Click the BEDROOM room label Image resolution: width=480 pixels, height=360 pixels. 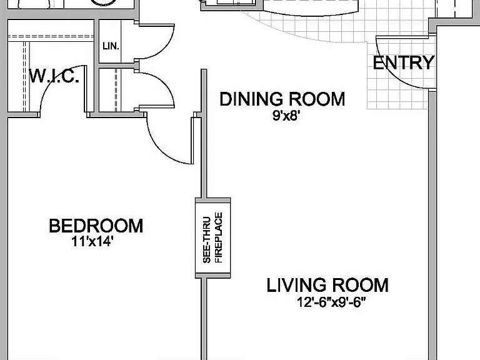point(96,226)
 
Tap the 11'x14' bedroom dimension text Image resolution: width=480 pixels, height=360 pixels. point(92,242)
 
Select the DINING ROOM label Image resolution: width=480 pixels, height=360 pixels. point(282,99)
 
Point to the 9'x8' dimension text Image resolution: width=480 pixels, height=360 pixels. point(285,116)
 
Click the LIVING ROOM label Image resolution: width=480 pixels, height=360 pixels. point(327,285)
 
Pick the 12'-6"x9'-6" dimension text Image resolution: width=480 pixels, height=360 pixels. point(331,302)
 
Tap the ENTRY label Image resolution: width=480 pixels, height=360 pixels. point(404,62)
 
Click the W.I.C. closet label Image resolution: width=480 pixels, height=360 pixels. point(54,76)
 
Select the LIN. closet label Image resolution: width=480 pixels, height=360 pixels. point(111,46)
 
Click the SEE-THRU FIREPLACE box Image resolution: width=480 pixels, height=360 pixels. point(212,238)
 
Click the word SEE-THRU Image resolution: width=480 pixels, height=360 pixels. point(207,240)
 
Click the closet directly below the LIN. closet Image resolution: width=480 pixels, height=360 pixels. point(117,90)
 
